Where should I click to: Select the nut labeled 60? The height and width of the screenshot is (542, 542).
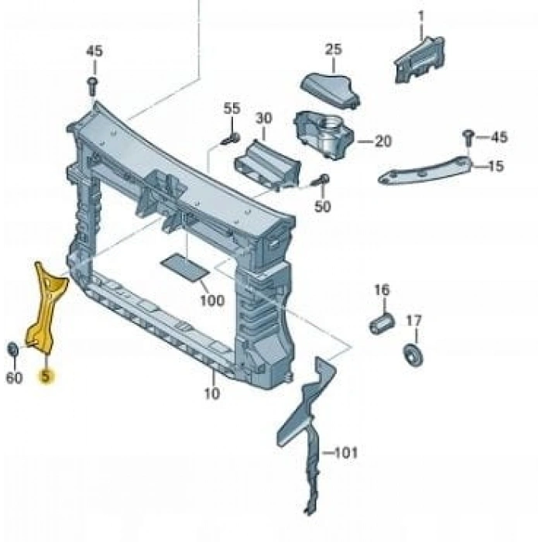tap(13, 349)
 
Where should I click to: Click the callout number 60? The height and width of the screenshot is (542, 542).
tap(14, 378)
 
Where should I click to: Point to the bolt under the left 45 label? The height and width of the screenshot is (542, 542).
tap(93, 87)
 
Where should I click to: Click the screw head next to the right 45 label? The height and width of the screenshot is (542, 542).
tap(468, 135)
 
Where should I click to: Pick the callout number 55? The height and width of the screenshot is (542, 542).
tap(232, 108)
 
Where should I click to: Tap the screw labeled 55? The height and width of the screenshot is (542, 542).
tap(231, 139)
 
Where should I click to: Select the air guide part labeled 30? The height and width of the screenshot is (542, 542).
tap(267, 165)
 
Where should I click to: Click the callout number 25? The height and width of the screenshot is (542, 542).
tap(333, 50)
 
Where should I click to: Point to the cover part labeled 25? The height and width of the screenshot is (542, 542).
tap(330, 90)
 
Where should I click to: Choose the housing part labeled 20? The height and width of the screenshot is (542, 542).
tap(324, 134)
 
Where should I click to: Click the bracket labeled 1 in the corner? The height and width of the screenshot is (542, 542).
tap(420, 60)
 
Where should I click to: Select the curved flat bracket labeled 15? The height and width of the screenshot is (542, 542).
tap(425, 171)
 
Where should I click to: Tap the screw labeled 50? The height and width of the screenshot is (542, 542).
tap(320, 181)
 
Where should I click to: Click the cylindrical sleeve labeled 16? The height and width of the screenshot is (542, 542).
tap(382, 324)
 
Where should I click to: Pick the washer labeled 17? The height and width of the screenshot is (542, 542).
tap(413, 355)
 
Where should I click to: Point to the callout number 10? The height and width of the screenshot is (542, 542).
tap(212, 393)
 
